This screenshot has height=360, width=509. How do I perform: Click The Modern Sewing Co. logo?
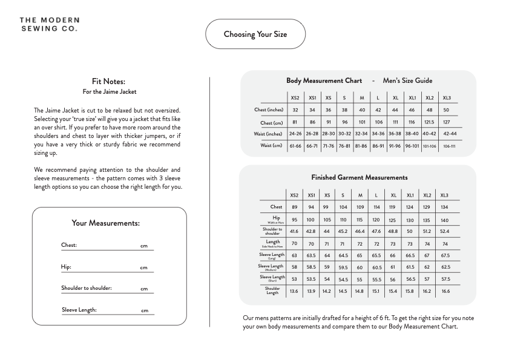click(48, 24)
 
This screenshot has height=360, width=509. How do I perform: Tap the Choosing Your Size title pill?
click(255, 34)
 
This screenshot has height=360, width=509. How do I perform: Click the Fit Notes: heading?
click(109, 81)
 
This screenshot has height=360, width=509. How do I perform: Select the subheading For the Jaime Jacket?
click(109, 91)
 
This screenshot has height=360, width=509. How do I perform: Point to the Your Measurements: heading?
click(105, 223)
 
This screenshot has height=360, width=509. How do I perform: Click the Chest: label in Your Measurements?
click(69, 246)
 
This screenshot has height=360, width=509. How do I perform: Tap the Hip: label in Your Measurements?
click(66, 267)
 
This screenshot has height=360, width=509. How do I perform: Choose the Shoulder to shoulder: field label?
click(87, 288)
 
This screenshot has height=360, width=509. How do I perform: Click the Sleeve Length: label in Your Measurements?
click(79, 310)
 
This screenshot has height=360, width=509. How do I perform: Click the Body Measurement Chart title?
click(324, 80)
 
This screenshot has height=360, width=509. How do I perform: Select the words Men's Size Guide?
click(407, 80)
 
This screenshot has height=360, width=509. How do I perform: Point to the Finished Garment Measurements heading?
click(359, 177)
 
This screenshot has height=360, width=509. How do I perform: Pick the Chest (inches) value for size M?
click(362, 110)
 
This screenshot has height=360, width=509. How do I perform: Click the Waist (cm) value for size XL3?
click(450, 146)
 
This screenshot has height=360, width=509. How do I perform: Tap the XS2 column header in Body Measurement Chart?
click(295, 98)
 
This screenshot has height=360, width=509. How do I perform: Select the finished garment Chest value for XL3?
click(445, 207)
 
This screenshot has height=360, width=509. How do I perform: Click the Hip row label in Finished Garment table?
click(276, 219)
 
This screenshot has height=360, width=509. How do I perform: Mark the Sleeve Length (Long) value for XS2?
click(294, 256)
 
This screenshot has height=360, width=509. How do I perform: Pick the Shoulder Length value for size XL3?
click(445, 292)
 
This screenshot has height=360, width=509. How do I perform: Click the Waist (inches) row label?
click(268, 134)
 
